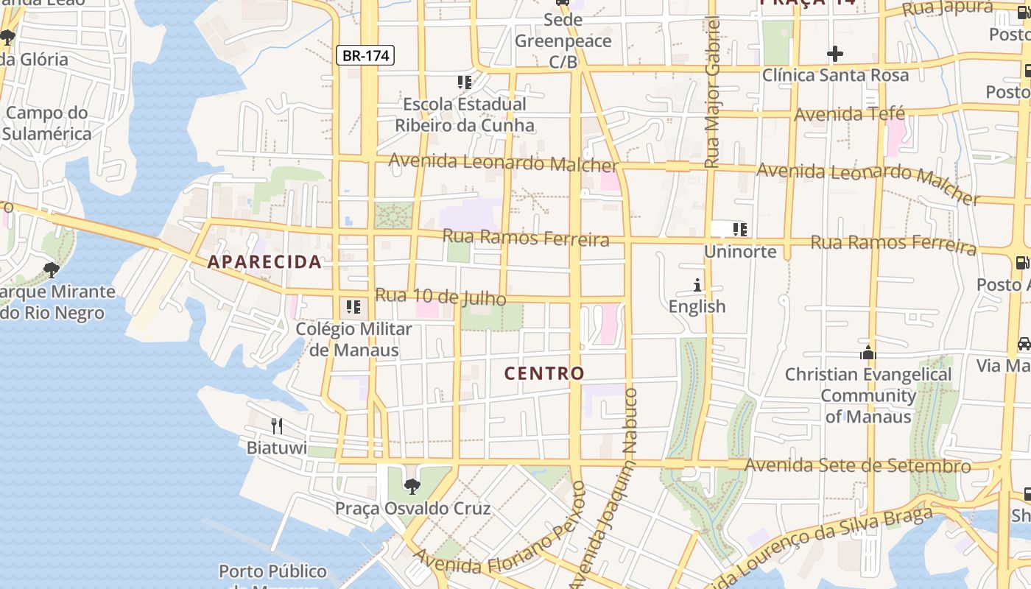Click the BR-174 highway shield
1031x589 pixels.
click(365, 55)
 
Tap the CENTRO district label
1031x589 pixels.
click(544, 373)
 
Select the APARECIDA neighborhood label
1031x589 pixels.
click(264, 261)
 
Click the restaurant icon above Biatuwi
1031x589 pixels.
click(276, 426)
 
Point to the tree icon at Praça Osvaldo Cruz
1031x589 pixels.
click(412, 486)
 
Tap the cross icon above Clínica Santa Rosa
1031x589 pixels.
click(834, 54)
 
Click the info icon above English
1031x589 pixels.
click(697, 285)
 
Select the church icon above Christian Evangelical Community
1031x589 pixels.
click(868, 353)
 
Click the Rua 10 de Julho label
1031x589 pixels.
click(440, 297)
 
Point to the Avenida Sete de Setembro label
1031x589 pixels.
click(857, 465)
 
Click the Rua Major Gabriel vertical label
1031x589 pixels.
click(711, 92)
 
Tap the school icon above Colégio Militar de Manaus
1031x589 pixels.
click(353, 306)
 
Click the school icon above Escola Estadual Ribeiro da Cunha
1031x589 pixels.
click(464, 82)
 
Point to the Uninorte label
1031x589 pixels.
click(740, 252)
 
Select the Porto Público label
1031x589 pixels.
click(272, 571)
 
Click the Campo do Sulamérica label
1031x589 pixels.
click(47, 124)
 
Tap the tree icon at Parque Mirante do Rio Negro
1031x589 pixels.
click(51, 270)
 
